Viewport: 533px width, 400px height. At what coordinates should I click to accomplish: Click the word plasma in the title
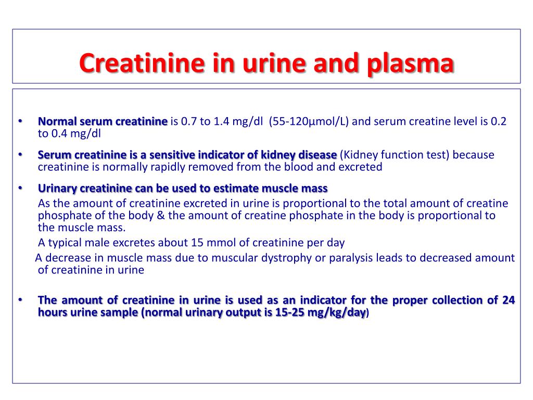click(x=411, y=64)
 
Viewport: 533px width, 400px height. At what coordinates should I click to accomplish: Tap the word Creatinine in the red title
click(x=142, y=63)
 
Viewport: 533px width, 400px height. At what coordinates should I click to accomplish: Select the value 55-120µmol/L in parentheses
click(x=309, y=121)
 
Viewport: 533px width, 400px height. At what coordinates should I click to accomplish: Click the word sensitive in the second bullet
click(x=172, y=155)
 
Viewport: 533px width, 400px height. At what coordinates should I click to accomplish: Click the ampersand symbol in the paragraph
click(x=161, y=216)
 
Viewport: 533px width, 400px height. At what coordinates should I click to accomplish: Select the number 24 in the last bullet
click(x=509, y=300)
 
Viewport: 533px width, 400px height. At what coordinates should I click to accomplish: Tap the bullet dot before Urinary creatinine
click(x=20, y=188)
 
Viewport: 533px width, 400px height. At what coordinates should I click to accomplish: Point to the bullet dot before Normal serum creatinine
click(x=20, y=121)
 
